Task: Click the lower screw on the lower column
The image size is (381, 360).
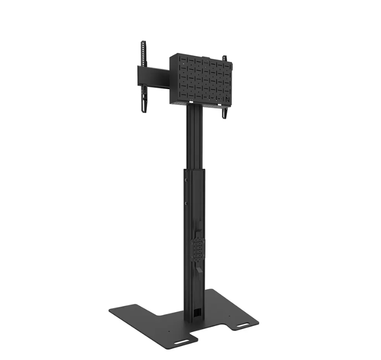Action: pos(185,203)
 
